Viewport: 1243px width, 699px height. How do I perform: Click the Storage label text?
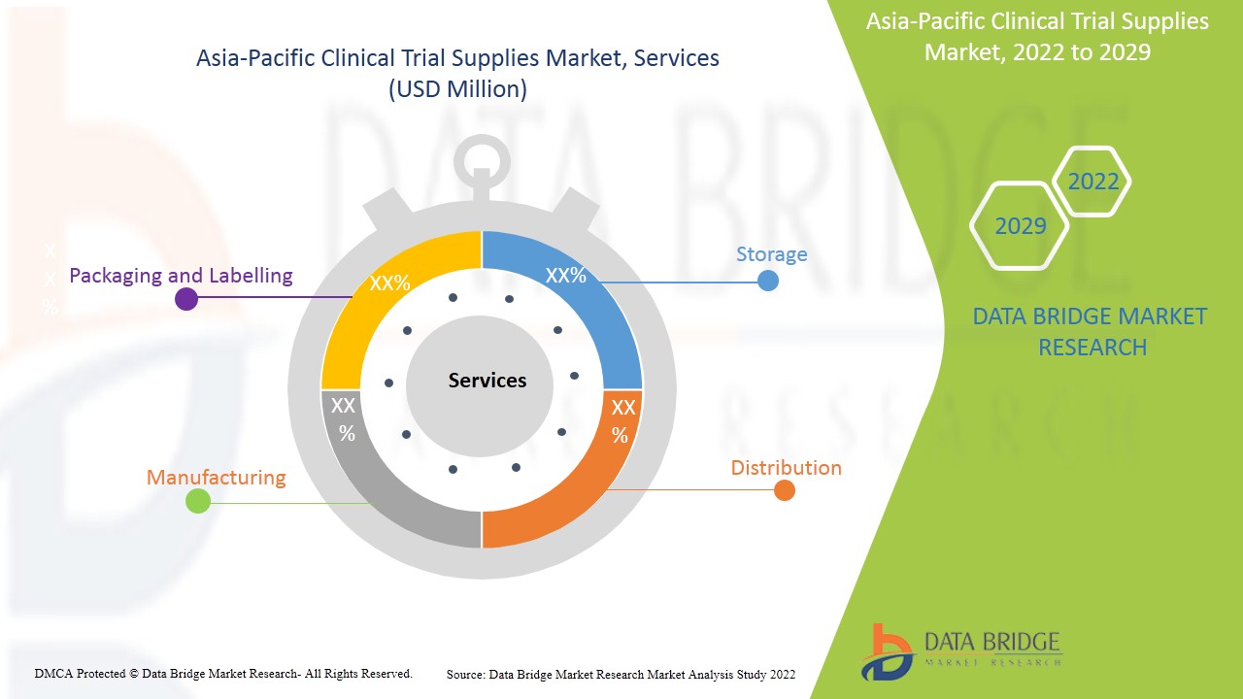pyautogui.click(x=771, y=254)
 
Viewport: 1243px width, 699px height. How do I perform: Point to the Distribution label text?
pyautogui.click(x=786, y=468)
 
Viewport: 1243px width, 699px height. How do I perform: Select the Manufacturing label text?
pyautogui.click(x=216, y=478)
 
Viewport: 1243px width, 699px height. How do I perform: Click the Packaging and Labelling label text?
pyautogui.click(x=181, y=276)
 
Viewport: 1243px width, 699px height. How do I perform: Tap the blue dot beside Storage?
pyautogui.click(x=767, y=281)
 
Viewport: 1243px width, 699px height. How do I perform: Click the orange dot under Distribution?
pyautogui.click(x=785, y=490)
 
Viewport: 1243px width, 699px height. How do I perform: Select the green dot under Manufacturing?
pyautogui.click(x=197, y=501)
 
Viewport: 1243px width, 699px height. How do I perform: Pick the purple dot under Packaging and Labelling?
pyautogui.click(x=185, y=298)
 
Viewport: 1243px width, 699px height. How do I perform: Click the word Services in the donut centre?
pyautogui.click(x=487, y=381)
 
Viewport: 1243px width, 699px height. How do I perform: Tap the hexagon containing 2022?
pyautogui.click(x=1092, y=182)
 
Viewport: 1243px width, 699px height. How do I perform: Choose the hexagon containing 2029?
pyautogui.click(x=1020, y=226)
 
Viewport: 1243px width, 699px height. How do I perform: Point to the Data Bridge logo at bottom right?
pyautogui.click(x=960, y=649)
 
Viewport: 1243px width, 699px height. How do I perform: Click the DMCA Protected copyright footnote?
pyautogui.click(x=223, y=673)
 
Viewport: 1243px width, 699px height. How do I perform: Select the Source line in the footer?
pyautogui.click(x=621, y=674)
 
